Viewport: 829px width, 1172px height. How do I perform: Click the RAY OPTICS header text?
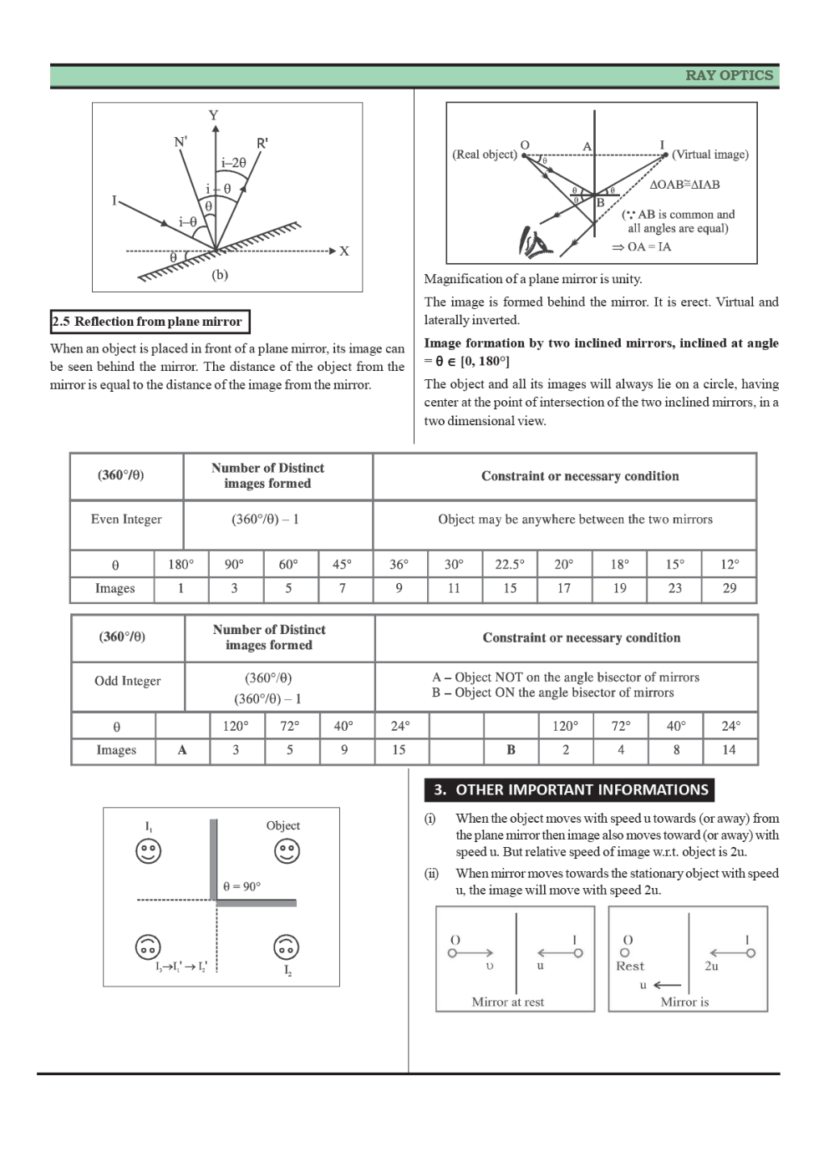click(729, 75)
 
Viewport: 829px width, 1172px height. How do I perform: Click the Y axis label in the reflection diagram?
click(214, 115)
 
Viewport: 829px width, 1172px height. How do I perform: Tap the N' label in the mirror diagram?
click(181, 142)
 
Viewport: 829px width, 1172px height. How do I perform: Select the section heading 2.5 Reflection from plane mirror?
click(150, 322)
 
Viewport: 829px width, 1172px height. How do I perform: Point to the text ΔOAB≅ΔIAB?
click(684, 185)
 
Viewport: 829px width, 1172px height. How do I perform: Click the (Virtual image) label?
click(710, 155)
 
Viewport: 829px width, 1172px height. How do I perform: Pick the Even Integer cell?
click(126, 520)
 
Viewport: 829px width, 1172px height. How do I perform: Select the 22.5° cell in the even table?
click(510, 564)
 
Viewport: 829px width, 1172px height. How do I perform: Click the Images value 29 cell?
click(730, 588)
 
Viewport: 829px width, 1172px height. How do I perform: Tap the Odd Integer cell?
click(128, 681)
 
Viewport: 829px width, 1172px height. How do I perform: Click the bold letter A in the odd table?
click(182, 750)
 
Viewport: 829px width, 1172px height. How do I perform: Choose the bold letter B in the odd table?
click(511, 750)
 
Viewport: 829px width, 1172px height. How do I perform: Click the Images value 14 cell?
click(730, 750)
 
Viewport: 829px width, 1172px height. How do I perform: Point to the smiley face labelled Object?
click(287, 851)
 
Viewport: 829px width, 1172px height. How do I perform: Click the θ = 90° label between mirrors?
click(242, 885)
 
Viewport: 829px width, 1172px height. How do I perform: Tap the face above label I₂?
click(287, 946)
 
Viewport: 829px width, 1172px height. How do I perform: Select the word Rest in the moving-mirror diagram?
click(630, 967)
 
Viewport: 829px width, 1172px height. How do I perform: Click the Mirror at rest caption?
click(507, 1002)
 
